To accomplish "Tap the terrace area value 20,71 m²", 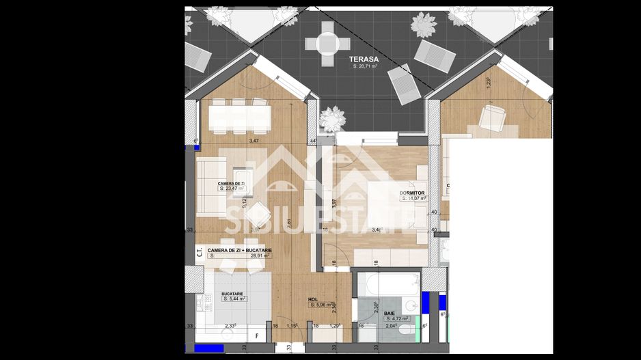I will (x=366, y=66).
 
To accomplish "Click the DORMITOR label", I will (x=413, y=193).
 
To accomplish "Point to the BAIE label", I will (x=389, y=313).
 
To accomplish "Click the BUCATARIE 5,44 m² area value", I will (x=234, y=299).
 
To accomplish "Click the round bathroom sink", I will (x=410, y=305).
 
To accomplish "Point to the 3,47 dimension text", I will (x=254, y=141).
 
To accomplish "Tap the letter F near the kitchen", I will (x=256, y=335).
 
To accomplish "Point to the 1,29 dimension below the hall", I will (x=336, y=327).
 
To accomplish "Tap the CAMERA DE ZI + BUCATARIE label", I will (x=240, y=250).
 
